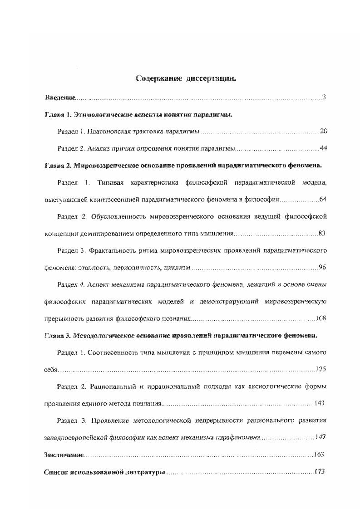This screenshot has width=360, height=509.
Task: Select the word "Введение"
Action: click(59, 98)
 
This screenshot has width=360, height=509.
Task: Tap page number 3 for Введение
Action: click(324, 98)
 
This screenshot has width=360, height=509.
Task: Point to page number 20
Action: click(323, 132)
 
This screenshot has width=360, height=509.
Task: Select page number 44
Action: click(323, 148)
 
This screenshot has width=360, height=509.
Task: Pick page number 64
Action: click(322, 200)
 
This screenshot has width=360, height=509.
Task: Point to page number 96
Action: click(322, 268)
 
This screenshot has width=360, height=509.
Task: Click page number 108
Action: click(321, 318)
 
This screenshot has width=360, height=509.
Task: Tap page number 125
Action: click(321, 369)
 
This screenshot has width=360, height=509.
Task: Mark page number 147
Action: click(320, 437)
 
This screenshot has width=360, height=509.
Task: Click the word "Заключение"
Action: click(64, 455)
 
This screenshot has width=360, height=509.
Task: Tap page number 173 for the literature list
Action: click(320, 472)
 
